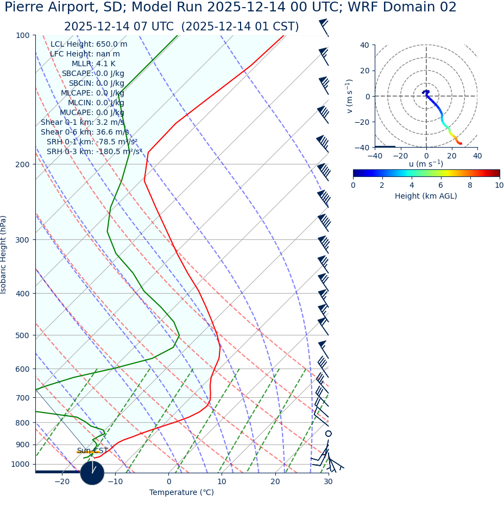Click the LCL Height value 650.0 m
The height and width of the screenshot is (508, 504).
click(111, 45)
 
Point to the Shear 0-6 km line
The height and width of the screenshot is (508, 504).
click(85, 132)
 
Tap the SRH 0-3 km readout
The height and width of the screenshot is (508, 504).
click(94, 151)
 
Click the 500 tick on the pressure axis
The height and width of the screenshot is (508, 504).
click(23, 335)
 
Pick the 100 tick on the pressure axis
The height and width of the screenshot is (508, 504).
click(23, 35)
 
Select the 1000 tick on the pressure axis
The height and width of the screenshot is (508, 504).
click(21, 465)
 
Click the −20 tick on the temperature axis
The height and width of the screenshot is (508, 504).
click(61, 482)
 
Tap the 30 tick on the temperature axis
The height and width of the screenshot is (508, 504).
click(328, 482)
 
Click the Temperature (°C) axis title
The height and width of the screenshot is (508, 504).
click(181, 493)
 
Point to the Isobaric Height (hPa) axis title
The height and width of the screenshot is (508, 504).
click(4, 255)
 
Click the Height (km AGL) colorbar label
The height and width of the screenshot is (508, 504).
click(426, 196)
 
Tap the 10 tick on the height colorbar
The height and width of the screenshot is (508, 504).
click(499, 186)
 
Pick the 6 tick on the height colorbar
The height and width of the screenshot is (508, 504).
click(441, 186)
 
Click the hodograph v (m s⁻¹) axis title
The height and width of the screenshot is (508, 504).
click(350, 96)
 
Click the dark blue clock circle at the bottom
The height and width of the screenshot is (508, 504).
click(92, 473)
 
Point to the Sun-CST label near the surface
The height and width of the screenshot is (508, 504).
click(92, 451)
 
